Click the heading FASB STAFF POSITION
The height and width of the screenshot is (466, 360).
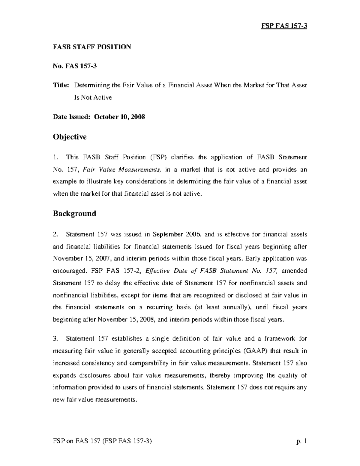point(92,47)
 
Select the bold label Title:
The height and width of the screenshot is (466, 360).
point(61,85)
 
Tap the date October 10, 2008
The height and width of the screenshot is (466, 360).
point(119,117)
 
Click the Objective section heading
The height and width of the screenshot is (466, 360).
point(70,137)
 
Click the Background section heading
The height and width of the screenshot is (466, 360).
point(74,214)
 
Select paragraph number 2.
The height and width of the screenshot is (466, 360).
point(55,234)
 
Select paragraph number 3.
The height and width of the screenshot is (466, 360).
point(55,338)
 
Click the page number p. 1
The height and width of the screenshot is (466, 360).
point(301,441)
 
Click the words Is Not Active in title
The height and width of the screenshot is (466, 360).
point(93,98)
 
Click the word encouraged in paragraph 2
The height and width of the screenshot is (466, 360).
point(69,271)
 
